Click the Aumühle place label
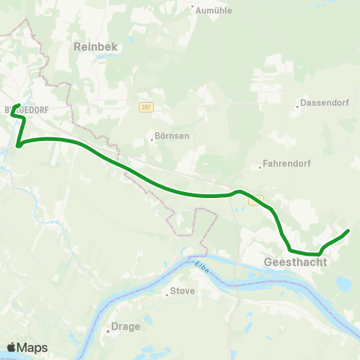214,10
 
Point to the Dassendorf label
321,103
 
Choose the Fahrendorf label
285,163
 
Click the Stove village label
183,291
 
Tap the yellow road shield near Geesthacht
257,201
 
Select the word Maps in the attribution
32,347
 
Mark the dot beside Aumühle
193,10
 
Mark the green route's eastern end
348,230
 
